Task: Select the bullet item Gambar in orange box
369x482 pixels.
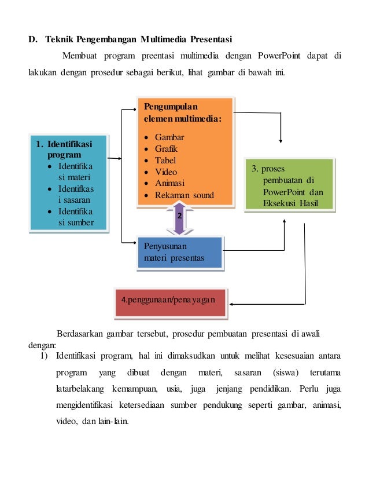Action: click(169, 137)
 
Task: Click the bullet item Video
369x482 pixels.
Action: click(166, 172)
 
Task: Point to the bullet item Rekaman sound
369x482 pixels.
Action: click(184, 195)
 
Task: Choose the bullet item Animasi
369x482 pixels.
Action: click(169, 184)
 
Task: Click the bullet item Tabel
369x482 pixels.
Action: click(165, 160)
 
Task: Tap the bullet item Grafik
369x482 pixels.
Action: click(166, 149)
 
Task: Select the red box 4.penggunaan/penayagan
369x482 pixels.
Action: click(168, 300)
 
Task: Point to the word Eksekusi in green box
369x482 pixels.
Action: click(280, 203)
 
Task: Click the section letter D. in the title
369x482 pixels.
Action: click(33, 39)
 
